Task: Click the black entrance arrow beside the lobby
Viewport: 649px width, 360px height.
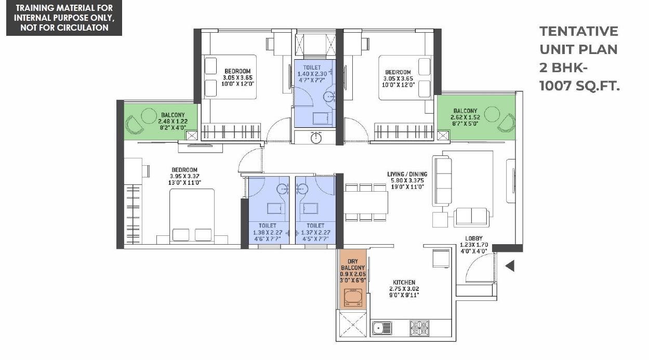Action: (x=510, y=266)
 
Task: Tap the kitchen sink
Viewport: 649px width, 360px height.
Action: (x=382, y=328)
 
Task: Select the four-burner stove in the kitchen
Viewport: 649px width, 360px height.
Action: (x=419, y=328)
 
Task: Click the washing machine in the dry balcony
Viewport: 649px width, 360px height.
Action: (x=353, y=298)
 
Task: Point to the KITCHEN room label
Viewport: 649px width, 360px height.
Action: (x=404, y=283)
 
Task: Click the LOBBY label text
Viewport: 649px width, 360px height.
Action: (x=474, y=238)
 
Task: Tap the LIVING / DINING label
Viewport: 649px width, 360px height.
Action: (x=407, y=174)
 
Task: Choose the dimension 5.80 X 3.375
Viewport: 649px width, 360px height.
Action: (x=407, y=180)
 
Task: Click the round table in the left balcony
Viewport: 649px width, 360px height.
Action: (x=149, y=115)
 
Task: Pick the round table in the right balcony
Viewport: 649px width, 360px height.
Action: (x=492, y=114)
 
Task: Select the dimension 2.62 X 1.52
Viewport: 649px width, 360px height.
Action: (x=465, y=117)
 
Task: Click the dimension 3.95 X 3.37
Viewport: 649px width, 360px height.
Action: (x=184, y=176)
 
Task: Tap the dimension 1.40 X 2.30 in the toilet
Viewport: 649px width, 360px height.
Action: (x=312, y=74)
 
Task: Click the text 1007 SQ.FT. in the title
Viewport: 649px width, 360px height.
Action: (x=579, y=86)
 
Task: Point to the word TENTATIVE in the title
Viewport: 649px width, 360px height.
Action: (x=579, y=31)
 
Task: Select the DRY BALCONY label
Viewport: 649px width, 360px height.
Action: (x=353, y=264)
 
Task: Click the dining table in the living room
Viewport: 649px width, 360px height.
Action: (x=366, y=203)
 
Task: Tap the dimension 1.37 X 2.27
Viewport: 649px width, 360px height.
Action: (x=315, y=233)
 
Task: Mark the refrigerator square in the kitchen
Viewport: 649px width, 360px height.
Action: (x=441, y=258)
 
